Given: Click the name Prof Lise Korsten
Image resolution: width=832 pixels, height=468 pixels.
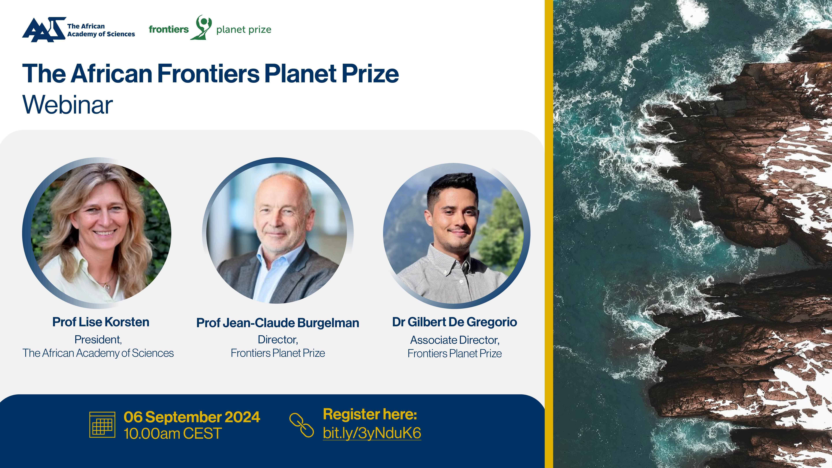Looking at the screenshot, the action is click(x=101, y=322).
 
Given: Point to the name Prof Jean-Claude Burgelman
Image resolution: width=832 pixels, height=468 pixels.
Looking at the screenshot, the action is click(x=278, y=323).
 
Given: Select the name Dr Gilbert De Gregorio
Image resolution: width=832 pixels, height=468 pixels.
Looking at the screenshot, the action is click(x=454, y=322).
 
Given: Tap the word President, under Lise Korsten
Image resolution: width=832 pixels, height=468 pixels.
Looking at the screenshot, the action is click(x=98, y=339).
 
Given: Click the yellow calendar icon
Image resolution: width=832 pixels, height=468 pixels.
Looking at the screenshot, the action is click(x=102, y=425).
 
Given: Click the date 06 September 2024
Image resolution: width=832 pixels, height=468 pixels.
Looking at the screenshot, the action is click(x=192, y=417).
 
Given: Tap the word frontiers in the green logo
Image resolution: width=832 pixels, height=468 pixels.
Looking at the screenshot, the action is click(x=169, y=29).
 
